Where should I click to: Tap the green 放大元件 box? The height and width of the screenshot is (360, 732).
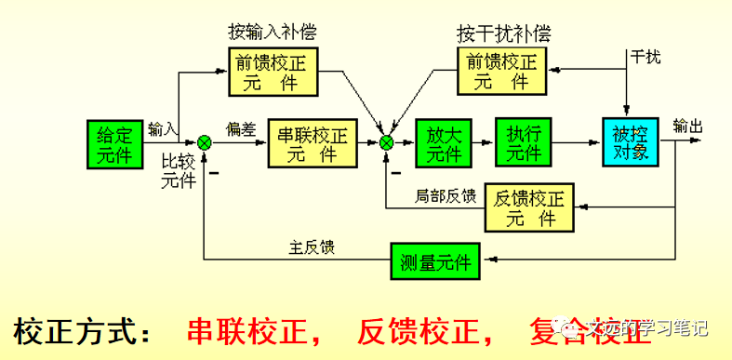[444, 142]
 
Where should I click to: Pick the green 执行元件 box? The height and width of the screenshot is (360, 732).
[524, 142]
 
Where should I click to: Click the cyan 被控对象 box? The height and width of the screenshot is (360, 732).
[631, 142]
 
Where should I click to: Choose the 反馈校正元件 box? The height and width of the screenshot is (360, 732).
[529, 206]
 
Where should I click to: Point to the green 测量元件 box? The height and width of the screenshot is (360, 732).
[435, 260]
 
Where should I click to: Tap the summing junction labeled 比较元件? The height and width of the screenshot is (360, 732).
[205, 141]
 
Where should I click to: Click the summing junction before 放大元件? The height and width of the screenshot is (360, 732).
[387, 141]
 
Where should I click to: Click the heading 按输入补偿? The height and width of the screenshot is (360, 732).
[273, 33]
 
